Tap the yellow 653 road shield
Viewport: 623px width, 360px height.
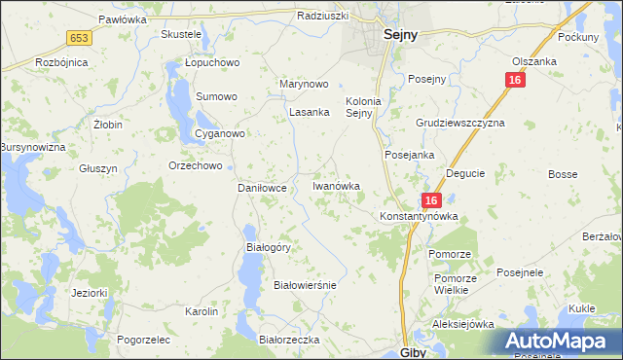(x=80, y=37)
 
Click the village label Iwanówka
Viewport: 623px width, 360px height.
(x=336, y=185)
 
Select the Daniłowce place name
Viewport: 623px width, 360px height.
(x=262, y=188)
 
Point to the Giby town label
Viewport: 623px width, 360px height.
(x=414, y=352)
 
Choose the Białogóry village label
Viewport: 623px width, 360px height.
(x=268, y=247)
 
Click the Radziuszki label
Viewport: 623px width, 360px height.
(x=322, y=17)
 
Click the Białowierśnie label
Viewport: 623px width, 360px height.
(x=305, y=285)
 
